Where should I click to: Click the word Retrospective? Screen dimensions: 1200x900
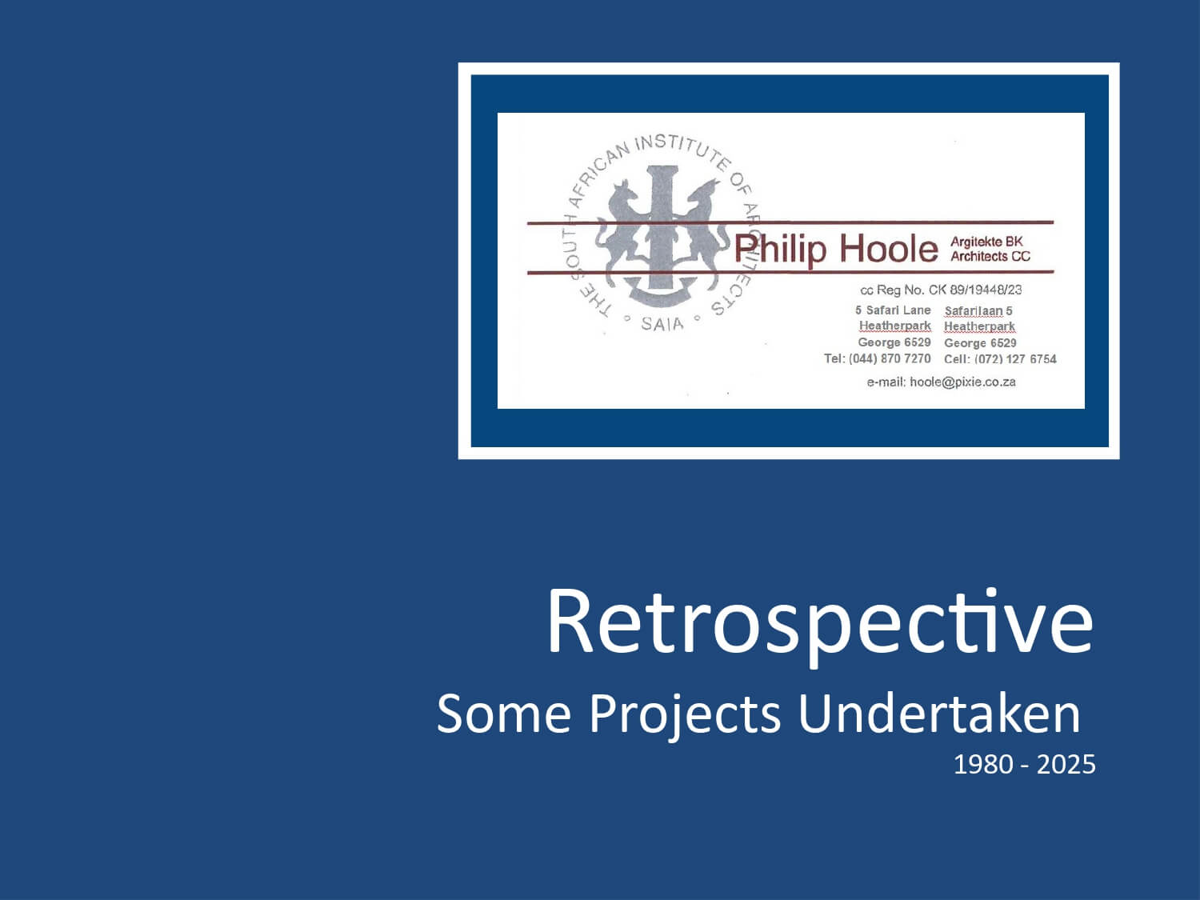coord(820,623)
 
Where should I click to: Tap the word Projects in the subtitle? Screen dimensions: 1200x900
coord(685,714)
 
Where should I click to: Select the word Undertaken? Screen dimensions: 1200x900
coord(938,713)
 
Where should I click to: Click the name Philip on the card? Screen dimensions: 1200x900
coord(779,250)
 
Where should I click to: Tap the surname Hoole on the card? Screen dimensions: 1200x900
coord(889,249)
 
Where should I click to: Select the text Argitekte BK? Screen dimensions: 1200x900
coord(986,242)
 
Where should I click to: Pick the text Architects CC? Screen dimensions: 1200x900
coord(990,256)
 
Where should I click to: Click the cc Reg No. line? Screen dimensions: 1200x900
coord(941,290)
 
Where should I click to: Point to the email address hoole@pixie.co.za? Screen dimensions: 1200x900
coord(962,382)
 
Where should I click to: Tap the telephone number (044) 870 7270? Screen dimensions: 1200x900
coord(890,358)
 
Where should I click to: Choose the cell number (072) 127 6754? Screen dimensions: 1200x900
coord(1015,359)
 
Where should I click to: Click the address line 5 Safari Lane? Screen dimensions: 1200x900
coord(893,310)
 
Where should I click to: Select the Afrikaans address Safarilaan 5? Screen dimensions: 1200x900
coord(978,311)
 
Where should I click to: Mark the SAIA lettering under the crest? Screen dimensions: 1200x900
coord(662,324)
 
